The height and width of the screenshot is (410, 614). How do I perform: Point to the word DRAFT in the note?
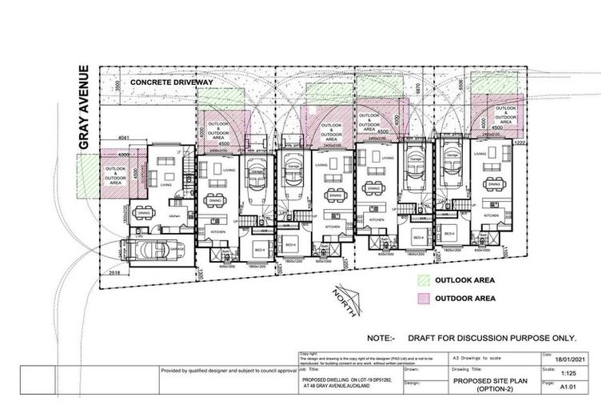click(x=422, y=338)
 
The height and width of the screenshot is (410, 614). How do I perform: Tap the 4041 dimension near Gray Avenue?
click(x=123, y=138)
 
